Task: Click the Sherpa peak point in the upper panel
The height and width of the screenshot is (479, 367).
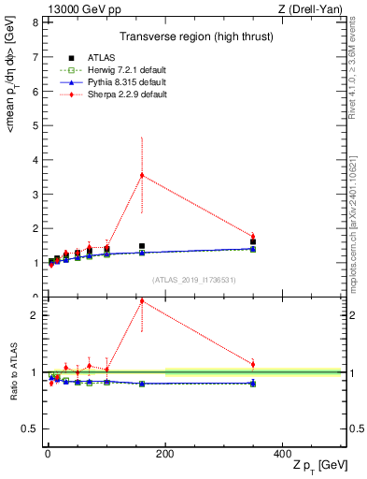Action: pyautogui.click(x=142, y=175)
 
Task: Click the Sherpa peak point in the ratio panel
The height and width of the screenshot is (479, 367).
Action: pyautogui.click(x=142, y=301)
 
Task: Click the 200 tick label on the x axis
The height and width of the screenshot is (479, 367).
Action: pyautogui.click(x=165, y=454)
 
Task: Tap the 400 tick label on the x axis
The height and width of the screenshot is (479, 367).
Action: pyautogui.click(x=283, y=454)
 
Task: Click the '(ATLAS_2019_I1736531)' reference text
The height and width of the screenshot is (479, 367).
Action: pyautogui.click(x=193, y=279)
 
